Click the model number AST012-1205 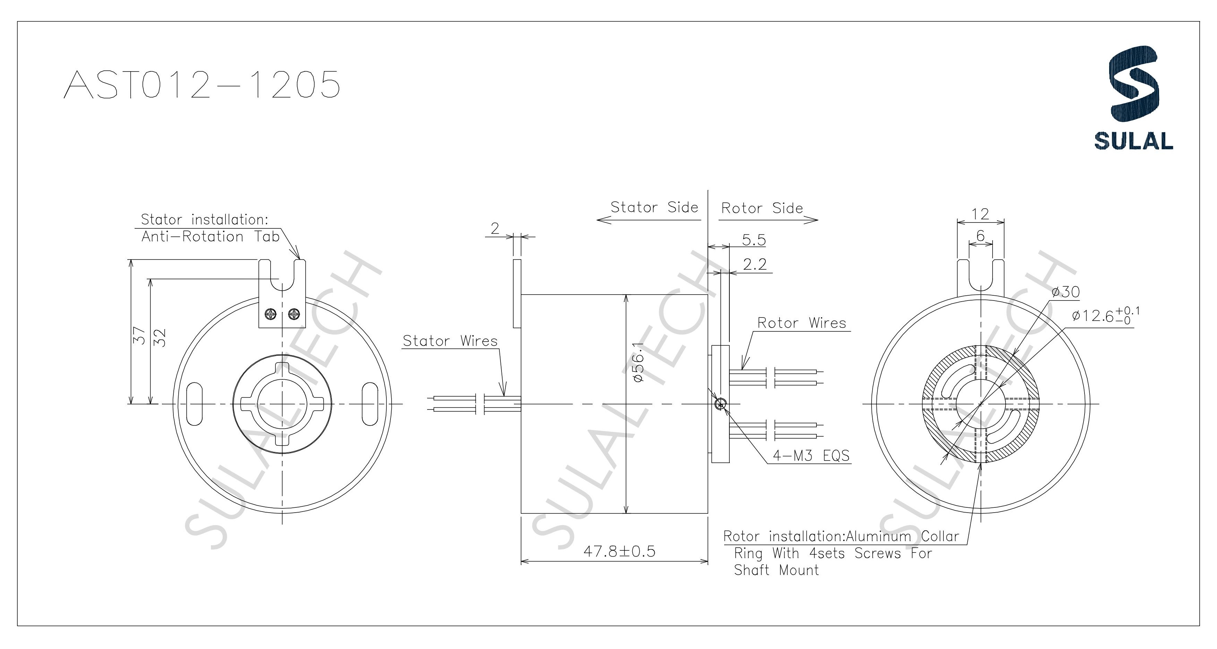pyautogui.click(x=202, y=85)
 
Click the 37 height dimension pyautogui.click(x=138, y=335)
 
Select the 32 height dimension pyautogui.click(x=161, y=337)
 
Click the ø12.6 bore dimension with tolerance pyautogui.click(x=1106, y=316)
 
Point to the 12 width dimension pyautogui.click(x=980, y=214)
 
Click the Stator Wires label pyautogui.click(x=450, y=341)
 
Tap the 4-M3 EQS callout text pyautogui.click(x=811, y=455)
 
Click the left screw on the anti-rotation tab pyautogui.click(x=271, y=313)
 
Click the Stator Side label pyautogui.click(x=654, y=207)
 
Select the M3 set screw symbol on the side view pyautogui.click(x=720, y=404)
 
